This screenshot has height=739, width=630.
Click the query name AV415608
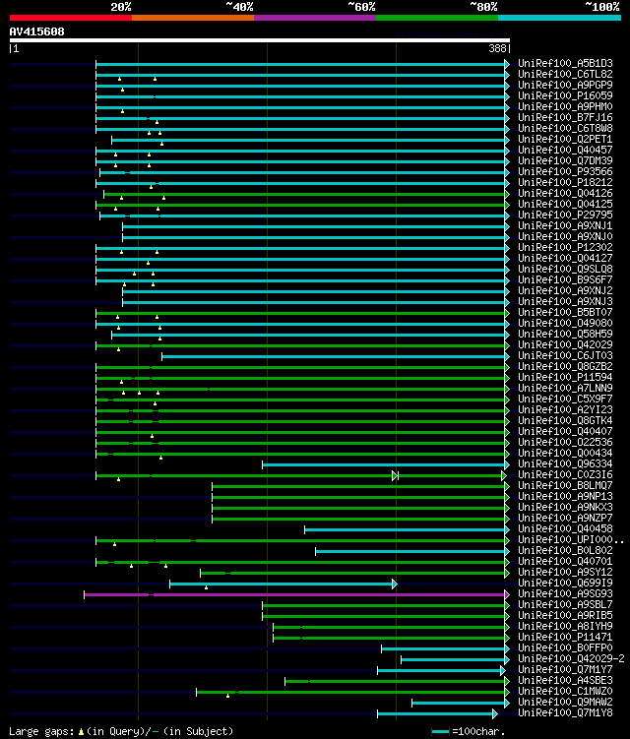point(36,31)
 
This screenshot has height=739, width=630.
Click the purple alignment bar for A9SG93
point(295,594)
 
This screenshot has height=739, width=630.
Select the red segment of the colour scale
point(70,18)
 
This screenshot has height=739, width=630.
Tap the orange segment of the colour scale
point(192,18)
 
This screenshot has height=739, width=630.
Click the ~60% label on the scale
point(360,7)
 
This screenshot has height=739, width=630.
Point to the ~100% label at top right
point(602,7)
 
